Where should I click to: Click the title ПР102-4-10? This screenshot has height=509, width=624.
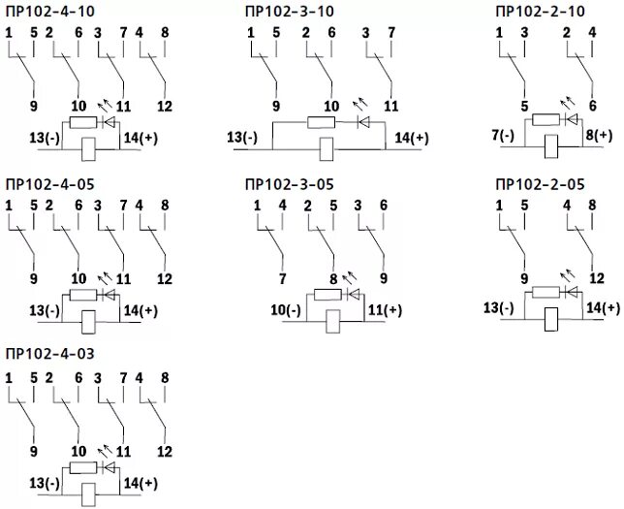pyautogui.click(x=49, y=11)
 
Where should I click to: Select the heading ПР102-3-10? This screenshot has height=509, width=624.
pyautogui.click(x=290, y=11)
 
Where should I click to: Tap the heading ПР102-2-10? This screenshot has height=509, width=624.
pyautogui.click(x=540, y=11)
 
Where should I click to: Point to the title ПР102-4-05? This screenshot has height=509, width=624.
pyautogui.click(x=49, y=183)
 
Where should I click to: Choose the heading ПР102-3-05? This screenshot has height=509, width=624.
pyautogui.click(x=290, y=183)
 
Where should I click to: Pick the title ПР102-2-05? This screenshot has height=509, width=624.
pyautogui.click(x=540, y=183)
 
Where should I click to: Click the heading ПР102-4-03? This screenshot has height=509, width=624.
pyautogui.click(x=49, y=352)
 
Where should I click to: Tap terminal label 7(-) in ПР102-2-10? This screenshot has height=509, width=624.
pyautogui.click(x=503, y=136)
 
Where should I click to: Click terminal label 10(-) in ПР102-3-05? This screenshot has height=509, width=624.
pyautogui.click(x=286, y=310)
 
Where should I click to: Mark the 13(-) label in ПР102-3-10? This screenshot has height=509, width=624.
pyautogui.click(x=242, y=138)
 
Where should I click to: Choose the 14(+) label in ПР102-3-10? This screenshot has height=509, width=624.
pyautogui.click(x=411, y=138)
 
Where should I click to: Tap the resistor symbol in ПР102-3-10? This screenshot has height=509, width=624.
pyautogui.click(x=321, y=122)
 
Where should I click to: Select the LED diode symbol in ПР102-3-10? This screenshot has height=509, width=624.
pyautogui.click(x=364, y=122)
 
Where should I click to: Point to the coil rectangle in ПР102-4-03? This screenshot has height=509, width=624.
pyautogui.click(x=87, y=492)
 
